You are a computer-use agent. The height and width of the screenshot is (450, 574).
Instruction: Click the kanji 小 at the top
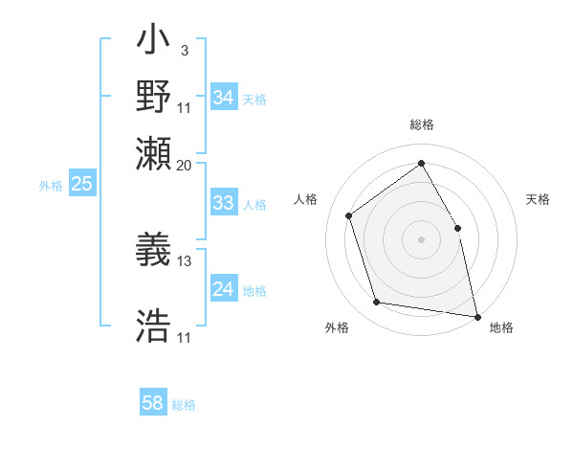point(153,44)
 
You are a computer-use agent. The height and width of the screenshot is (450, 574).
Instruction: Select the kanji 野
point(153,97)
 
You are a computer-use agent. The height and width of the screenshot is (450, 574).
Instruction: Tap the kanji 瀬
point(153,155)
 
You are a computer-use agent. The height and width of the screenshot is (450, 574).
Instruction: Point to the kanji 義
point(153,252)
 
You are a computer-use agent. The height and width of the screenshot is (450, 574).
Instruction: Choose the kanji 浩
point(153,326)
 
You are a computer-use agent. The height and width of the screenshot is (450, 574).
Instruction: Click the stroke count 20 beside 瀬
point(185,165)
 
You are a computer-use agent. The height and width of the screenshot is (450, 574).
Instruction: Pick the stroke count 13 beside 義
point(185,260)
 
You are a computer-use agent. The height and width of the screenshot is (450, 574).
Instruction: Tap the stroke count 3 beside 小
point(184,49)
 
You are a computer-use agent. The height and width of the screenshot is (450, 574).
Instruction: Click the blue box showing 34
point(223,98)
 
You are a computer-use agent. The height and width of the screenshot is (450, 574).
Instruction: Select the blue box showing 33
point(223,203)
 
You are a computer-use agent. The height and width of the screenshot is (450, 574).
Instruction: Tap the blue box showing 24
point(223,289)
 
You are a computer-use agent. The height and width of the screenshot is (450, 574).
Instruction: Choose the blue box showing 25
point(81,184)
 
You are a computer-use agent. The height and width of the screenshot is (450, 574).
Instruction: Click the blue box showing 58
point(152,403)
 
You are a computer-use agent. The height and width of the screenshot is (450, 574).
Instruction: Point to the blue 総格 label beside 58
point(184,405)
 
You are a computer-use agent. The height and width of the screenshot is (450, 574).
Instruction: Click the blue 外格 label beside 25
point(51,186)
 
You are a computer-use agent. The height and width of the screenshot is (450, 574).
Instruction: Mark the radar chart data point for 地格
point(477,315)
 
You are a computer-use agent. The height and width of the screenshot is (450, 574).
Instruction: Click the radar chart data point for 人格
point(349,215)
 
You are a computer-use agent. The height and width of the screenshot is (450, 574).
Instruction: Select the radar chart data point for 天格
point(457,228)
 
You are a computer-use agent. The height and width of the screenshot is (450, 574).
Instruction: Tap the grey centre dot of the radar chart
point(421,238)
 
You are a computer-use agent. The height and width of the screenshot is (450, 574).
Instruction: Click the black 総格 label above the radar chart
point(422,124)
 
